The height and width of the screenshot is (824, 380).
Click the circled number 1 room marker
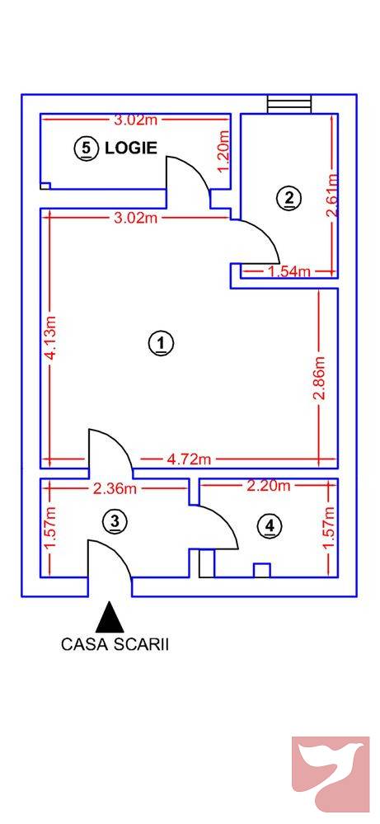pyautogui.click(x=162, y=342)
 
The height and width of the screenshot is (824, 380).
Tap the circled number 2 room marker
pyautogui.click(x=289, y=198)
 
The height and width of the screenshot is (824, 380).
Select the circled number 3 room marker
pyautogui.click(x=115, y=520)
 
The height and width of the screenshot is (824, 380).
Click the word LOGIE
pyautogui.click(x=130, y=149)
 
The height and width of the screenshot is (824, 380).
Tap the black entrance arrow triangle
pyautogui.click(x=110, y=617)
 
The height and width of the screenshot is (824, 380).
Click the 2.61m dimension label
pyautogui.click(x=331, y=195)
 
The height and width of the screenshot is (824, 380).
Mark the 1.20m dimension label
pyautogui.click(x=222, y=151)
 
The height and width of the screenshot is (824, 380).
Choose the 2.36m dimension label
pyautogui.click(x=115, y=488)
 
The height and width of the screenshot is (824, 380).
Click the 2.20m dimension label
pyautogui.click(x=269, y=486)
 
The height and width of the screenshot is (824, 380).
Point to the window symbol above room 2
pyautogui.click(x=289, y=103)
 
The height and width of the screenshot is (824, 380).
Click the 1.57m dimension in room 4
pyautogui.click(x=327, y=529)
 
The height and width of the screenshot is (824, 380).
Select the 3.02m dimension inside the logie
pyautogui.click(x=135, y=120)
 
